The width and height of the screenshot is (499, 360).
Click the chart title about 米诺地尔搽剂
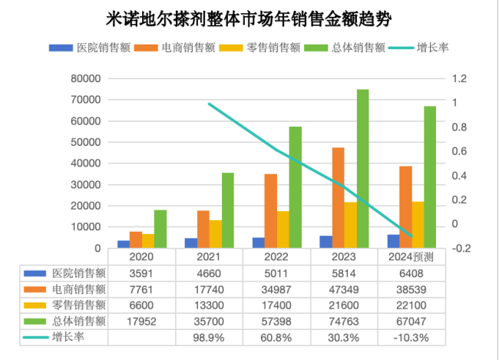(x=249, y=17)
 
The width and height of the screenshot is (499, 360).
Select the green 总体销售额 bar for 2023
(x=362, y=169)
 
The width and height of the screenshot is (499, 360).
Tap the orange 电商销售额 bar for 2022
(x=271, y=211)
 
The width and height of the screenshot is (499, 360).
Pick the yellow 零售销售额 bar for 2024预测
(x=418, y=225)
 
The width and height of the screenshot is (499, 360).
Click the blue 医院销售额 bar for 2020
(x=123, y=244)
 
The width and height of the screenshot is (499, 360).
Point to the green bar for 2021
(x=228, y=210)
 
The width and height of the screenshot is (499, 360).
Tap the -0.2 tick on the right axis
(x=460, y=248)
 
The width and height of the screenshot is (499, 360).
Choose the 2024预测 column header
(x=411, y=256)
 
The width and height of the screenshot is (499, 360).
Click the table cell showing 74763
(x=344, y=321)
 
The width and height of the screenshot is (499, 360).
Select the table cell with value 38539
(x=411, y=289)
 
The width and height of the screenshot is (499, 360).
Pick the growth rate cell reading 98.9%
(x=210, y=337)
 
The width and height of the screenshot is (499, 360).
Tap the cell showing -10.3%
(x=411, y=337)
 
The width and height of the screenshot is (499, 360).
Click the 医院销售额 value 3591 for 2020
(x=143, y=272)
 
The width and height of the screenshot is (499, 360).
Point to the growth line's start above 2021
(x=209, y=104)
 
